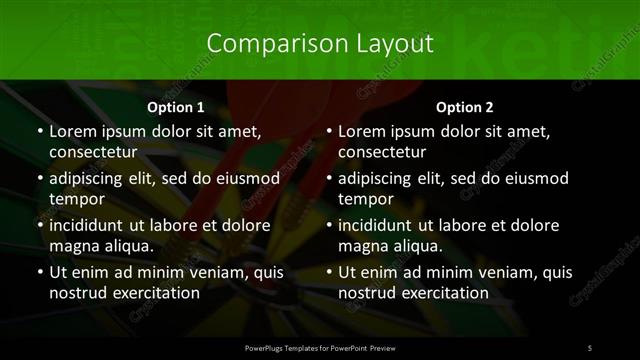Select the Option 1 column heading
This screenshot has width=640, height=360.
pos(176,107)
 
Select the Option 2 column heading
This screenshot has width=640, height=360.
pos(465,107)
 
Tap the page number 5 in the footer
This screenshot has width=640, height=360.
pos(590,347)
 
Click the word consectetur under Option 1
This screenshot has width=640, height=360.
pos(93,152)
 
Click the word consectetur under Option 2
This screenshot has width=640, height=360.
pos(382,152)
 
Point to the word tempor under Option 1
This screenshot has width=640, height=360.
pos(75,199)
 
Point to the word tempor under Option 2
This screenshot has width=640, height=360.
pos(364,199)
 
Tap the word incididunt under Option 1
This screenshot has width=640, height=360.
pos(90,225)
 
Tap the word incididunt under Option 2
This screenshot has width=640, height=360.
pos(379,225)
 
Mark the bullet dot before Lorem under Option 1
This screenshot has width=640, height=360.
pos(39,132)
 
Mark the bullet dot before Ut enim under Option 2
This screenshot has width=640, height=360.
pos(328,272)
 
